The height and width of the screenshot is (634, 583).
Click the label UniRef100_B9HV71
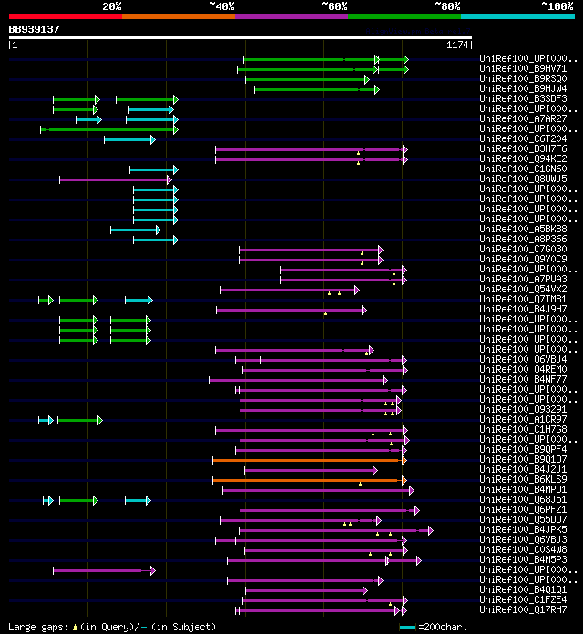tap(511, 68)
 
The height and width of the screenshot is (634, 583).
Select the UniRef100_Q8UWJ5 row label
tap(511, 179)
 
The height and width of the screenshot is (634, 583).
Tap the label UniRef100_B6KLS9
tap(511, 480)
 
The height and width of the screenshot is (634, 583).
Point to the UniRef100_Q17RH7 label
tap(511, 610)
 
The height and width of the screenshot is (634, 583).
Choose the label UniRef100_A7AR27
tap(511, 119)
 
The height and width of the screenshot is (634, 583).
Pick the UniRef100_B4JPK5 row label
tap(511, 530)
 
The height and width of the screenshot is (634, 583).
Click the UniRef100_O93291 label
tap(511, 410)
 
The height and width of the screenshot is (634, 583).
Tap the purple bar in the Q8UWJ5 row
tap(114, 179)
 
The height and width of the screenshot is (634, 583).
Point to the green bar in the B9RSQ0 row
tap(305, 79)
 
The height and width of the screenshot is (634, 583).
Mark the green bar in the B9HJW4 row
tap(314, 89)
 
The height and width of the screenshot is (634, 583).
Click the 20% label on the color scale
tap(112, 6)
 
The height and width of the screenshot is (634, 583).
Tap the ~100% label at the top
tap(557, 6)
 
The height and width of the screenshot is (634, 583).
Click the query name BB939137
tap(35, 29)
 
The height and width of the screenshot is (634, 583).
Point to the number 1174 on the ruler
tap(457, 45)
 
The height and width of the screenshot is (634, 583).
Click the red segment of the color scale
tap(64, 15)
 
